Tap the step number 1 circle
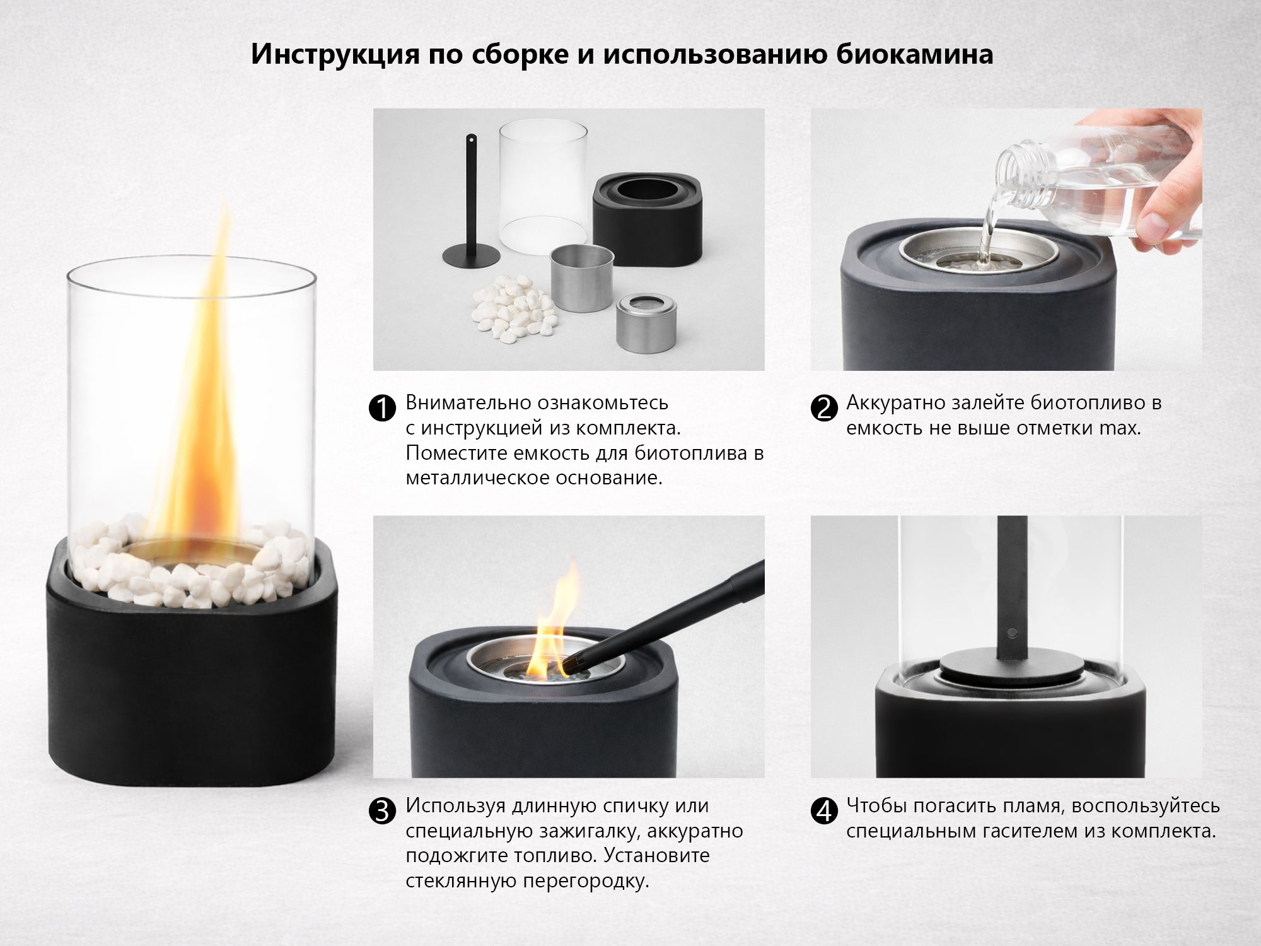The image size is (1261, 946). coord(381,409)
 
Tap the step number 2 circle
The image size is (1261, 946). coord(823,409)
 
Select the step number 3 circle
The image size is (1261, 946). coord(381,812)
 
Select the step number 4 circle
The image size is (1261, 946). coord(823,812)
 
